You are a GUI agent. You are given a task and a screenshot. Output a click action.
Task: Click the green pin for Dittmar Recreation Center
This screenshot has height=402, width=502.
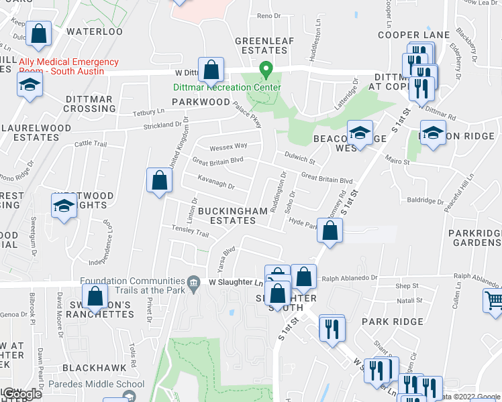pyautogui.click(x=266, y=69)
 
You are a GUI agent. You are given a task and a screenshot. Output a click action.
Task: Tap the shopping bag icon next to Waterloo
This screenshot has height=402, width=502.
pyautogui.click(x=40, y=33)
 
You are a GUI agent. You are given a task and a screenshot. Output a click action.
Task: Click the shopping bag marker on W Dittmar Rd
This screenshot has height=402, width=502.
pyautogui.click(x=211, y=68)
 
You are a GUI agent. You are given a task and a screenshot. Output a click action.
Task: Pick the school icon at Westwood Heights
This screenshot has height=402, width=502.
pyautogui.click(x=64, y=206)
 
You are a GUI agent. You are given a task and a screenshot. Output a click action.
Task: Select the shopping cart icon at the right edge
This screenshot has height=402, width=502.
pyautogui.click(x=493, y=301)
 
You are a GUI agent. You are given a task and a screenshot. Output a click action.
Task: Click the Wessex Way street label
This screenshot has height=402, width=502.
pyautogui.click(x=228, y=145)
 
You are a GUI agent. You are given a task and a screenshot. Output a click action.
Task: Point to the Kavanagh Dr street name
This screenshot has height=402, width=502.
pyautogui.click(x=216, y=182)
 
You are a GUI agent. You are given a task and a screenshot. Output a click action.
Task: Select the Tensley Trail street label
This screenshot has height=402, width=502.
pyautogui.click(x=193, y=231)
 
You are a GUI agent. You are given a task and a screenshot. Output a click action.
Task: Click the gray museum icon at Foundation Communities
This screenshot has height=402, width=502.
pyautogui.click(x=194, y=281)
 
